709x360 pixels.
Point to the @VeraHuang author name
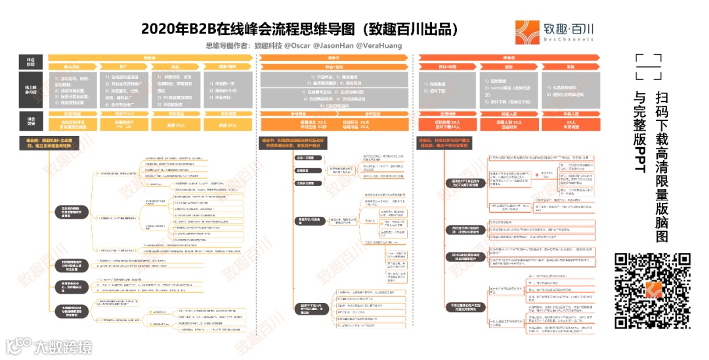tap(378, 46)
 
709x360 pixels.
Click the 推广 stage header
tap(123, 67)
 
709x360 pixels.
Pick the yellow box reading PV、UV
tap(123, 123)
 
